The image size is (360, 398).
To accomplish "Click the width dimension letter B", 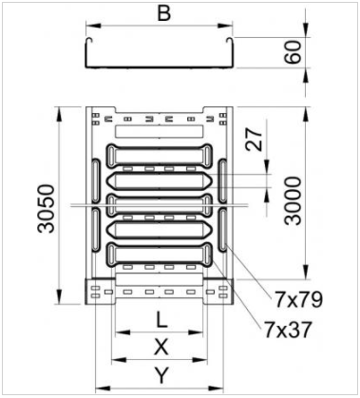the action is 164,13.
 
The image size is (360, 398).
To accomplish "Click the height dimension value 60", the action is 294,52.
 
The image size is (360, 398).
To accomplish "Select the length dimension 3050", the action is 46,208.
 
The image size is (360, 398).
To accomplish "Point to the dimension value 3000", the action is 293,201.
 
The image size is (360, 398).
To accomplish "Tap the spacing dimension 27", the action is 255,139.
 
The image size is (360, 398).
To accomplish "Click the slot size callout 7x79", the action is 298,299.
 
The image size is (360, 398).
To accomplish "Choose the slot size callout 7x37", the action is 288,330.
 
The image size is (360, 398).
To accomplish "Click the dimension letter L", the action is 161,320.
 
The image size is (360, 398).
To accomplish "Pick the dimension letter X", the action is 161,347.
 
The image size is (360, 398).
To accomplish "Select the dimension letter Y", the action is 161,375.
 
